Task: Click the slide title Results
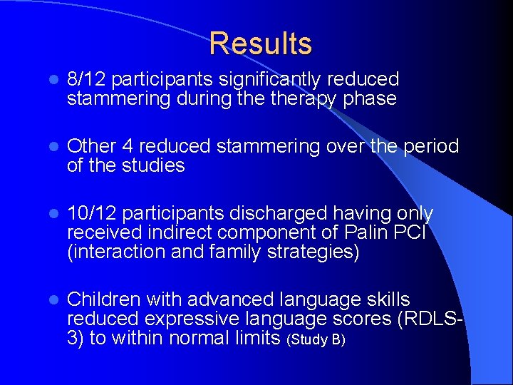[x=261, y=43]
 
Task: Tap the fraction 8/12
[x=86, y=79]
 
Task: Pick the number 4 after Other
[x=128, y=146]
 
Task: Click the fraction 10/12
[x=92, y=213]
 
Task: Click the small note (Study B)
[x=315, y=339]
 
